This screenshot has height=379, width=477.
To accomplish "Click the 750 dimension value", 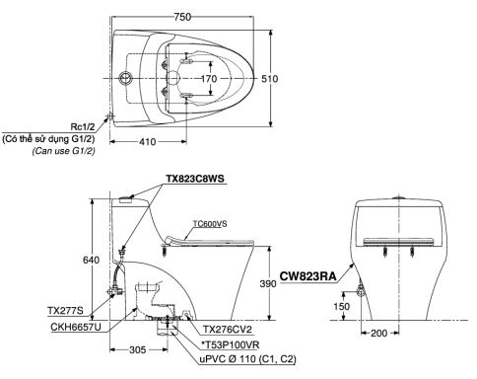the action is click(x=182, y=17).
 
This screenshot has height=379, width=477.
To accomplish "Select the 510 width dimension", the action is click(x=270, y=79).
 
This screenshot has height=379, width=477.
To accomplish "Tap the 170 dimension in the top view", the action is click(x=209, y=79).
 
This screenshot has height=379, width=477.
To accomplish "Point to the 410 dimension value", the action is click(x=148, y=142).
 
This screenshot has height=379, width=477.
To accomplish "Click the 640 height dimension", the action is click(x=91, y=260).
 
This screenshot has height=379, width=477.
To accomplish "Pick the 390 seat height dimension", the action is click(x=268, y=283).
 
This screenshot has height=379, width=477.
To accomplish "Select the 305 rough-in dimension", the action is click(x=137, y=349).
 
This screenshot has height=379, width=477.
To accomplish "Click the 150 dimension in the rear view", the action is click(x=342, y=306).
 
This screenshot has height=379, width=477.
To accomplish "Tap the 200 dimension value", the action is click(x=379, y=334).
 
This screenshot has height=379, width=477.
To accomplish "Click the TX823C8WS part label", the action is click(x=195, y=179).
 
